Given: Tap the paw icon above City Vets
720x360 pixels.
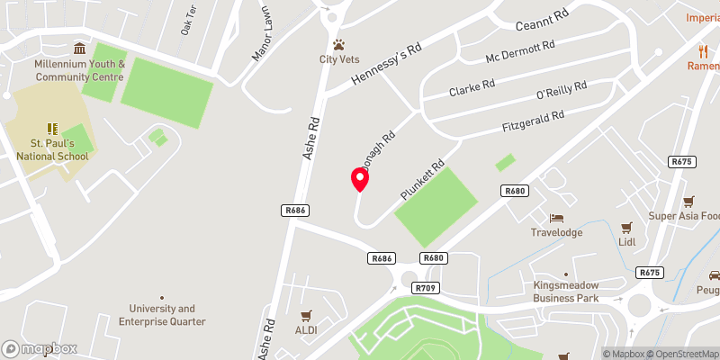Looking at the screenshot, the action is [x=339, y=44].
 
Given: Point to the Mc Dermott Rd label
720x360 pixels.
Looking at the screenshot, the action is [x=520, y=53].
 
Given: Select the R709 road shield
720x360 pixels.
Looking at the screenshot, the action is [x=426, y=287].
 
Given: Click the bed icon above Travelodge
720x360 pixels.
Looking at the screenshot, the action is [x=557, y=219].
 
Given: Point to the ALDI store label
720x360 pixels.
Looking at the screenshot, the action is [x=307, y=330].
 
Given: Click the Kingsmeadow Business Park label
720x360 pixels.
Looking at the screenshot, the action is [x=566, y=291].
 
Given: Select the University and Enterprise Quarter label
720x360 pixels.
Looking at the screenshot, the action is [x=162, y=315].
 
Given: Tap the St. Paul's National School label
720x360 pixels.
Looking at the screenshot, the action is [x=59, y=149].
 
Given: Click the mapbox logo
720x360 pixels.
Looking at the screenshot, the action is [x=40, y=348].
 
